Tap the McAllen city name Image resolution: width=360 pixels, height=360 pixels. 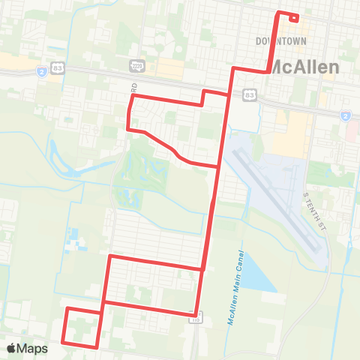tap(304, 66)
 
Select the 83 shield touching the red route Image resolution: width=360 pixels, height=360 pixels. tap(249, 94)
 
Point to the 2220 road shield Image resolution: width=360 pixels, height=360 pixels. tap(136, 65)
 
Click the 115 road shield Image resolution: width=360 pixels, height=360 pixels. tap(196, 319)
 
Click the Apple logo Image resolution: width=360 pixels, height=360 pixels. tap(12, 348)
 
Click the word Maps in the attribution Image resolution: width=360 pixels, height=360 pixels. tap(33, 348)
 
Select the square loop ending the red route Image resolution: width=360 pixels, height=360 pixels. tap(82, 327)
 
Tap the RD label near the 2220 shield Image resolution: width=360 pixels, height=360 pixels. tap(135, 87)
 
